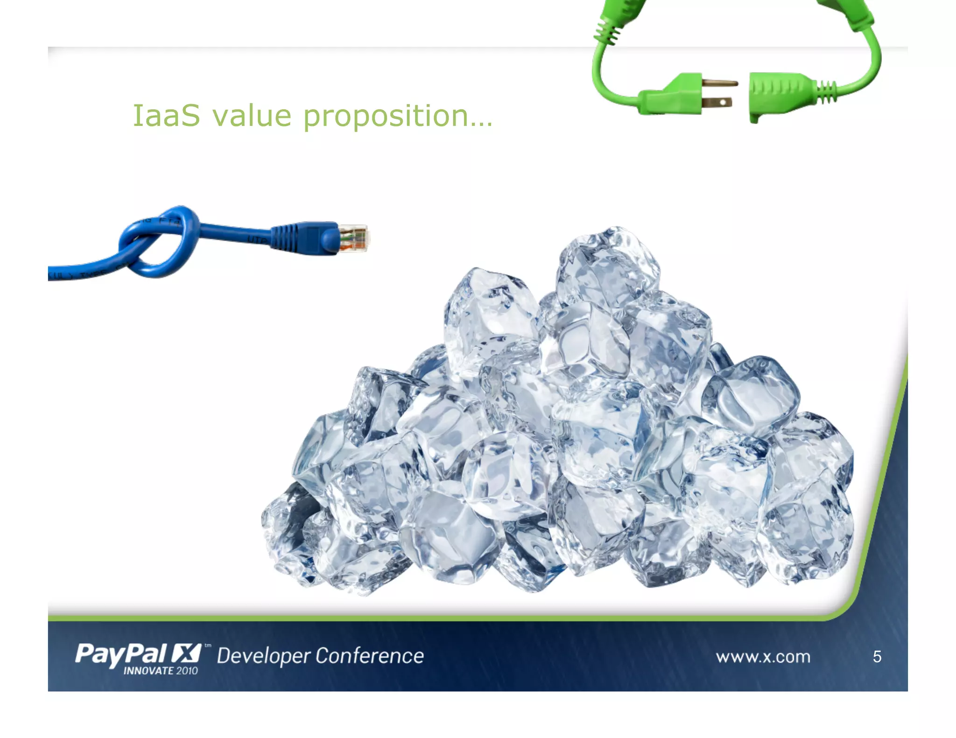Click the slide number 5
pyautogui.click(x=877, y=657)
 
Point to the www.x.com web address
pyautogui.click(x=763, y=657)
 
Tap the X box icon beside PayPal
pyautogui.click(x=186, y=653)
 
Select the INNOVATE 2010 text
pyautogui.click(x=161, y=671)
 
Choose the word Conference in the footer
pyautogui.click(x=370, y=656)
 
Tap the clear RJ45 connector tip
pyautogui.click(x=354, y=238)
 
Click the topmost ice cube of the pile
pyautogui.click(x=607, y=266)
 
